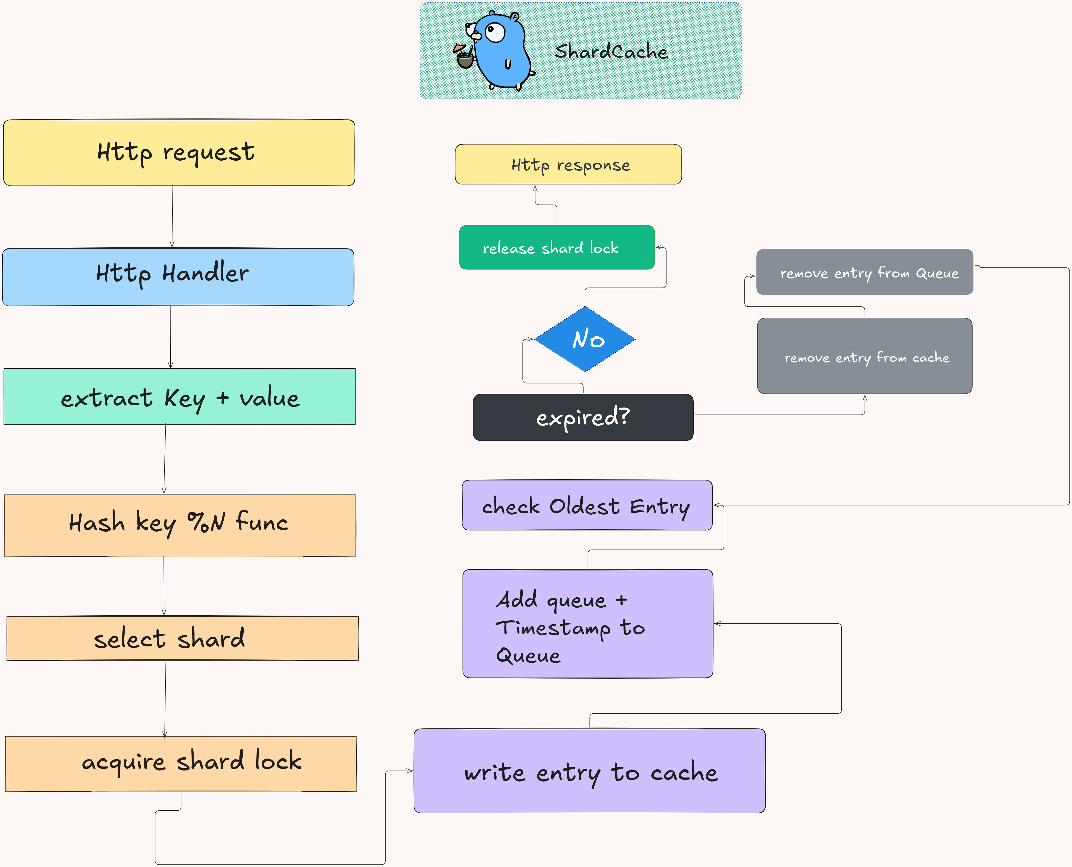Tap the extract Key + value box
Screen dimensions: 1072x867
click(x=179, y=397)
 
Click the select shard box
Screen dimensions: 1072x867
click(x=182, y=638)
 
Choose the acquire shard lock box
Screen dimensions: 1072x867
click(x=181, y=764)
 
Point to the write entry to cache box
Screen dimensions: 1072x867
click(x=589, y=770)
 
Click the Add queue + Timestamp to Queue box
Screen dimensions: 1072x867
click(x=587, y=623)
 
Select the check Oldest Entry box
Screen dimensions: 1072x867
click(x=587, y=505)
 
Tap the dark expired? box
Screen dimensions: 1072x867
click(x=583, y=417)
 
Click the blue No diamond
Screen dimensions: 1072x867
click(x=585, y=339)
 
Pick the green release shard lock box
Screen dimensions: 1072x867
click(x=557, y=247)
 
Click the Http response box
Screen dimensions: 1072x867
click(x=568, y=164)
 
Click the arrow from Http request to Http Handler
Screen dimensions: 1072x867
click(x=172, y=216)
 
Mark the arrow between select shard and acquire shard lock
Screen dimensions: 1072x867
click(x=165, y=699)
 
